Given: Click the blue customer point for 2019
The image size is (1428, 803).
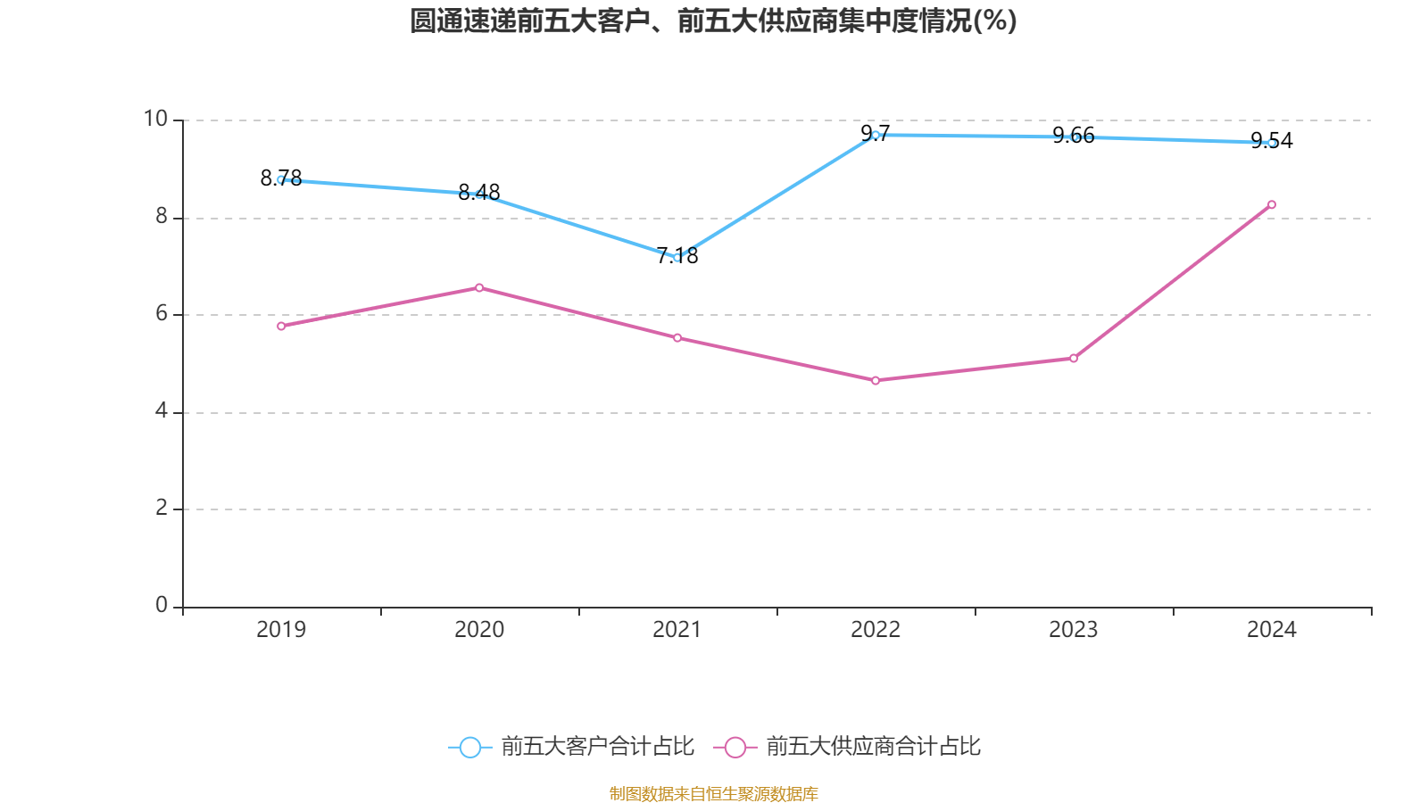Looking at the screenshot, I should (281, 179).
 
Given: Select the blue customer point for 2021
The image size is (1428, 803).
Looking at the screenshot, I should (677, 258).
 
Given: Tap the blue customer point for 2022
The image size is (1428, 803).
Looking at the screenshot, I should (876, 135).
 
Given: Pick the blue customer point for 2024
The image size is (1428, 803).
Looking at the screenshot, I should (1272, 143).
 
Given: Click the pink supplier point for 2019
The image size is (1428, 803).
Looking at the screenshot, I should (281, 327).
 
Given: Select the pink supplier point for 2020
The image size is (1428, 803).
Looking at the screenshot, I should (479, 287).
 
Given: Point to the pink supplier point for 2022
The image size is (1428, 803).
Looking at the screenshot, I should (876, 381).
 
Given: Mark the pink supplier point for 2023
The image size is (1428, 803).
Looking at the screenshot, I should (1074, 359).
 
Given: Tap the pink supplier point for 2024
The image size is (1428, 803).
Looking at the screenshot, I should (1272, 204).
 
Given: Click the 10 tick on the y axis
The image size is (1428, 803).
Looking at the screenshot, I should (155, 119).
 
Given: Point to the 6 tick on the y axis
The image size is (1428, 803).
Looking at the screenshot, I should (162, 313).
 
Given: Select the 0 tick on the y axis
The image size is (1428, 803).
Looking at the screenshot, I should (162, 606).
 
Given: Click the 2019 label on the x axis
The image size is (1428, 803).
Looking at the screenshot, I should (281, 630).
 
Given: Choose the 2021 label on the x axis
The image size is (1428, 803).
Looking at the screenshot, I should (677, 630).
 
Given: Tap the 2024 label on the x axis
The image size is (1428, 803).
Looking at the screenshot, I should (1272, 630).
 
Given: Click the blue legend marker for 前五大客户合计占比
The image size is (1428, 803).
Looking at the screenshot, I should (469, 747).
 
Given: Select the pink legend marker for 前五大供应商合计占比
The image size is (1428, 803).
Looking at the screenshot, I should (735, 747).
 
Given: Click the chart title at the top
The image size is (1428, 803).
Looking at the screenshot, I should (713, 21).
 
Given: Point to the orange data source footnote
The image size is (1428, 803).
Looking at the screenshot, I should (713, 793).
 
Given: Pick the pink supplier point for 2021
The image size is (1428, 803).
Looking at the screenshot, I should (677, 338).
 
